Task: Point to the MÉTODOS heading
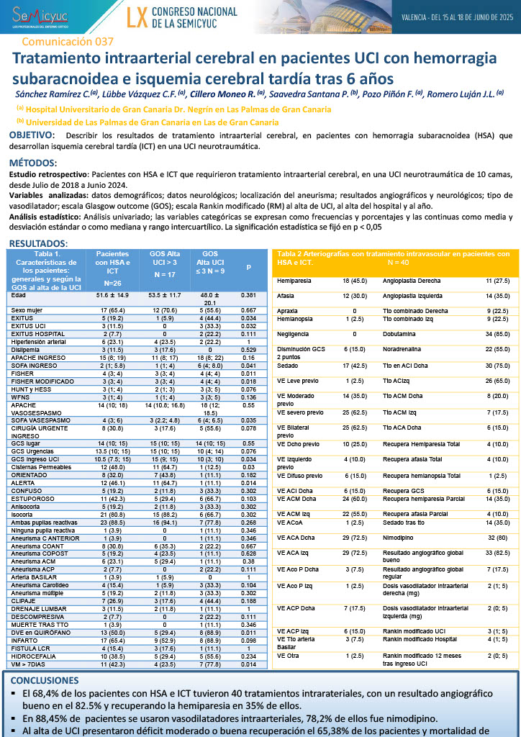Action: [32, 163]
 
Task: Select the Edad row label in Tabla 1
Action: [19, 295]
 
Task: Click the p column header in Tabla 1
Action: [249, 268]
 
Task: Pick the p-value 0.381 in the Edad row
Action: [249, 295]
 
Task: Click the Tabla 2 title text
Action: [393, 257]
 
